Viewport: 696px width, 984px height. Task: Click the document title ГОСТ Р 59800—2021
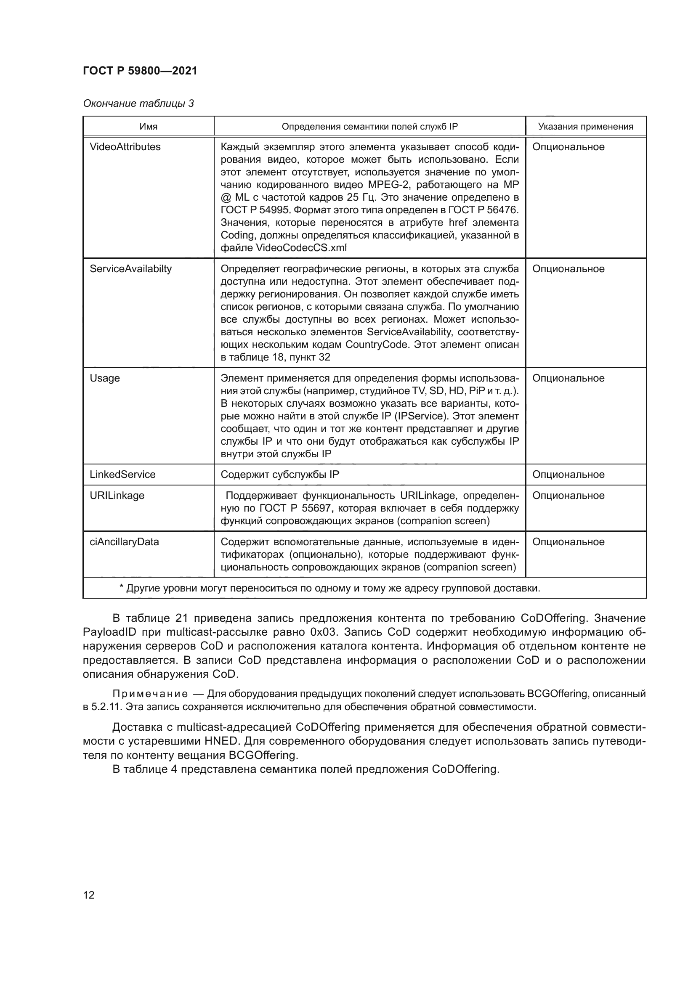tap(140, 71)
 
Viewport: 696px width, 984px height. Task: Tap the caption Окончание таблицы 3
tap(138, 103)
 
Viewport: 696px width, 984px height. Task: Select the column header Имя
tap(148, 127)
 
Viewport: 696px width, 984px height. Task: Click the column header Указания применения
tap(585, 127)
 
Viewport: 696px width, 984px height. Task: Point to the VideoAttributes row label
tap(125, 147)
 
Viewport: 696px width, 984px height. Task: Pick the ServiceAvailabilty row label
tap(130, 269)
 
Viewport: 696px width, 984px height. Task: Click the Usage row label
tap(105, 379)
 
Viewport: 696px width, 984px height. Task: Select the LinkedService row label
tap(122, 475)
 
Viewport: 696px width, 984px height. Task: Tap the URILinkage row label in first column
tap(117, 496)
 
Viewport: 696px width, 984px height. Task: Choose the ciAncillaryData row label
tap(124, 542)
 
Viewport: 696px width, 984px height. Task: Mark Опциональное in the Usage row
tap(568, 379)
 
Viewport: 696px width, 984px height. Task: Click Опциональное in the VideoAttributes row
tap(568, 147)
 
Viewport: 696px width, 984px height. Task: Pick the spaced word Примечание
tap(150, 694)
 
